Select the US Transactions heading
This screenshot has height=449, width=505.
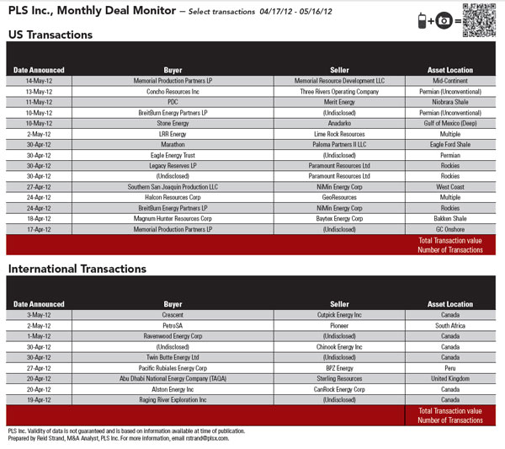pyautogui.click(x=50, y=35)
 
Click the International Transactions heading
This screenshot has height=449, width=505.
pyautogui.click(x=77, y=269)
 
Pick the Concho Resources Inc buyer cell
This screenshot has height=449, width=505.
pyautogui.click(x=173, y=91)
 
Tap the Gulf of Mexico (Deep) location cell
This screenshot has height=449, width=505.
pyautogui.click(x=449, y=123)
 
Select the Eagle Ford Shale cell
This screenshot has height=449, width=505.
pyautogui.click(x=449, y=144)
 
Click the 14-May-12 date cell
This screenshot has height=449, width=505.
pyautogui.click(x=39, y=81)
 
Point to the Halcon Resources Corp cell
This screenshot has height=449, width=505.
pyautogui.click(x=173, y=197)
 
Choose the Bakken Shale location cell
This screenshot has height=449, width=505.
pyautogui.click(x=449, y=218)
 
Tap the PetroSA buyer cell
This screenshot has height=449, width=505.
pyautogui.click(x=173, y=325)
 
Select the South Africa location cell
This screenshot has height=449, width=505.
pyautogui.click(x=449, y=325)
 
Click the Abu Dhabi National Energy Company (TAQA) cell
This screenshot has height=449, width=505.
pyautogui.click(x=173, y=378)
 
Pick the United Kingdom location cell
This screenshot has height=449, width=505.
pyautogui.click(x=449, y=378)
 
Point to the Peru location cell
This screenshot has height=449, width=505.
pyautogui.click(x=449, y=367)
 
